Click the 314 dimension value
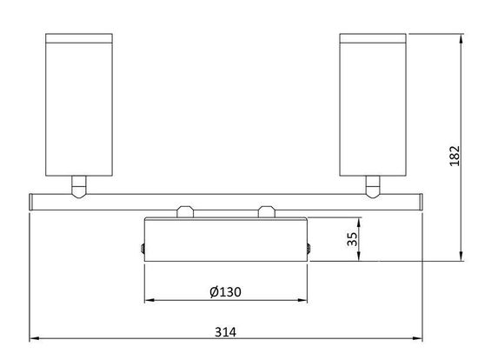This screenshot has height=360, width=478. [x=225, y=331]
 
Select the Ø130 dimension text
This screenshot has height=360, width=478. [x=225, y=292]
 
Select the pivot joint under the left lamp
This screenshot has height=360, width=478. [x=78, y=184]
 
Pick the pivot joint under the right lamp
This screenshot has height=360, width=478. [x=373, y=184]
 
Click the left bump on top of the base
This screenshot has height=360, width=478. [x=185, y=212]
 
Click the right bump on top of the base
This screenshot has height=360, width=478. [x=266, y=212]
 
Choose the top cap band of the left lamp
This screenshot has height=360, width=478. [x=77, y=38]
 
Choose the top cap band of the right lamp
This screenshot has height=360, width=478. [x=373, y=38]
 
